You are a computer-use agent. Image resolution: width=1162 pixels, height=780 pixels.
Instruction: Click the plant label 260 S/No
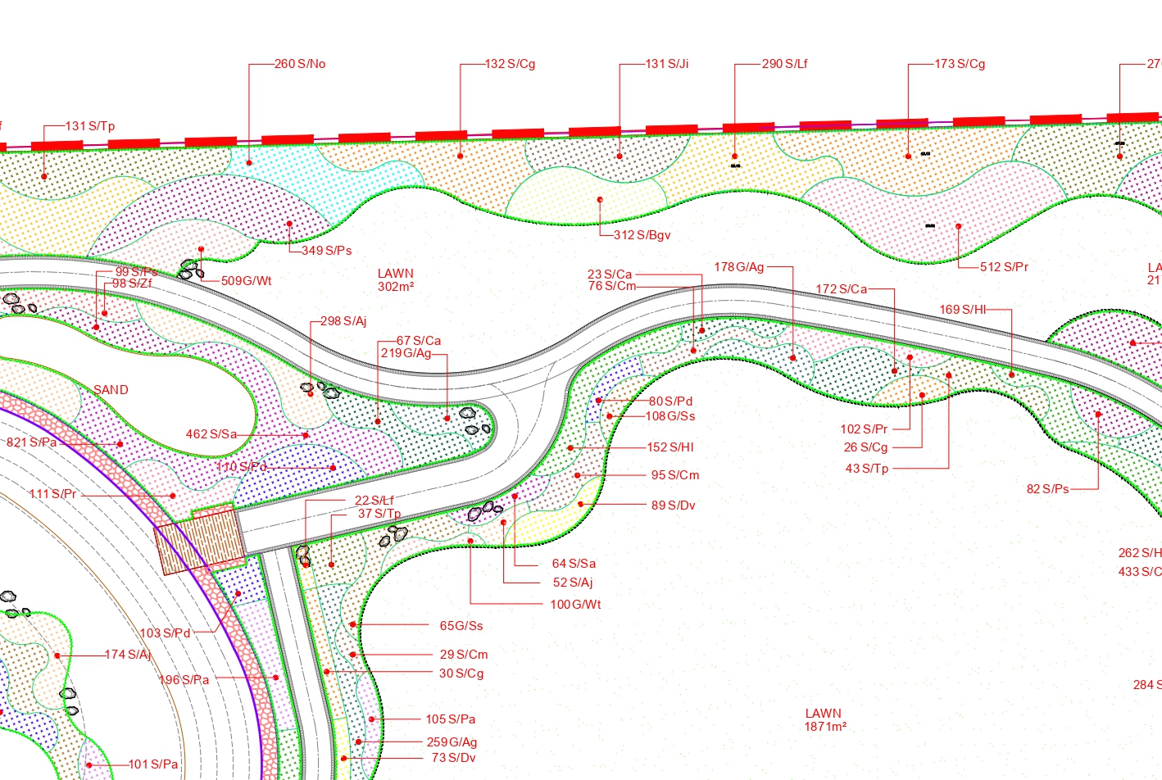click(x=300, y=64)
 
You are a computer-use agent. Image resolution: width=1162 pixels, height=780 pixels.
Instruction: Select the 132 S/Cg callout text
click(x=510, y=64)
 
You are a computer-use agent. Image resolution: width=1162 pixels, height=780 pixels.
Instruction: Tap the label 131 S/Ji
click(x=667, y=64)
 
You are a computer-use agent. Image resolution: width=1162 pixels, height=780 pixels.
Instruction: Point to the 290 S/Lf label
click(x=784, y=64)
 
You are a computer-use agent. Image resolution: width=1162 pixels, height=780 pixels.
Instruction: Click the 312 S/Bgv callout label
click(x=642, y=235)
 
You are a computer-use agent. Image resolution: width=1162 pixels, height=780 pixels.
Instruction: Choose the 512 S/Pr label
click(x=1004, y=267)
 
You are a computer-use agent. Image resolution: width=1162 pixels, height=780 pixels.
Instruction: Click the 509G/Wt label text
click(x=247, y=281)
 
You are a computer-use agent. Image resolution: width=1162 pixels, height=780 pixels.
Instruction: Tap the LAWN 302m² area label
click(x=396, y=280)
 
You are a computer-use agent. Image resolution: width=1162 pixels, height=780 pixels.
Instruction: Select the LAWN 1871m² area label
click(x=824, y=720)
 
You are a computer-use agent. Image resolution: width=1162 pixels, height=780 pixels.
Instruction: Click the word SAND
click(x=111, y=390)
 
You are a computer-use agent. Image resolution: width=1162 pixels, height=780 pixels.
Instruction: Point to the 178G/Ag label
click(x=739, y=267)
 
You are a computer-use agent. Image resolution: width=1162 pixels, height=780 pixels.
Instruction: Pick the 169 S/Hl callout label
click(x=963, y=310)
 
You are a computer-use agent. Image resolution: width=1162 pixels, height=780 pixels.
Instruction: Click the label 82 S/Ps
click(x=1048, y=489)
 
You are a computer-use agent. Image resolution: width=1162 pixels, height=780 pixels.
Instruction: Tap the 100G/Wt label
click(x=575, y=605)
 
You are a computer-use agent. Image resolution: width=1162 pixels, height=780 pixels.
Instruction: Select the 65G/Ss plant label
click(x=461, y=626)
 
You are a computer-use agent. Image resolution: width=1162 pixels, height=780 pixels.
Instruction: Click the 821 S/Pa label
click(x=32, y=442)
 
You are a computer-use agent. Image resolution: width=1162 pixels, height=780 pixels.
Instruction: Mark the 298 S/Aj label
click(x=343, y=321)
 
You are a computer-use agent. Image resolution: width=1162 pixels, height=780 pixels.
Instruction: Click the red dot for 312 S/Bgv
click(x=600, y=200)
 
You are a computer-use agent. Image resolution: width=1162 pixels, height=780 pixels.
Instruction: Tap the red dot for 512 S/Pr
click(x=958, y=226)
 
